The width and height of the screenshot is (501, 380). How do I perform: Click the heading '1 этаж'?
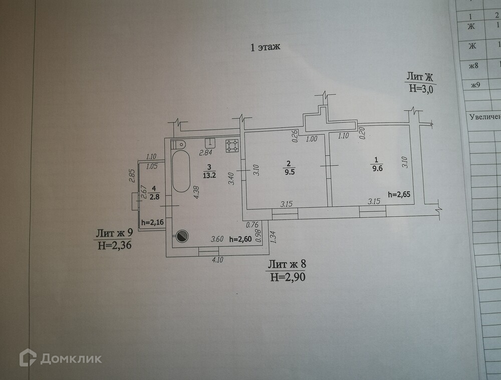pyautogui.click(x=265, y=47)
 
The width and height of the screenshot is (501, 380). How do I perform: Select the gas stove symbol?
pyautogui.click(x=231, y=145)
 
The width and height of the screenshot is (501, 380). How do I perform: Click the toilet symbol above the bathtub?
pyautogui.click(x=178, y=144)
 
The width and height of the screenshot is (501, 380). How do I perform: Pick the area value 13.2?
pyautogui.click(x=209, y=174)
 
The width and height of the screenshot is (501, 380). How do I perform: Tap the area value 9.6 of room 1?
pyautogui.click(x=376, y=168)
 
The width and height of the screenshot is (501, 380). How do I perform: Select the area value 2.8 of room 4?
pyautogui.click(x=155, y=196)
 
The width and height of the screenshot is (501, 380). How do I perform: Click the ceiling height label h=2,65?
pyautogui.click(x=399, y=195)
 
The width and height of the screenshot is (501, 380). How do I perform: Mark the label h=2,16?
pyautogui.click(x=153, y=223)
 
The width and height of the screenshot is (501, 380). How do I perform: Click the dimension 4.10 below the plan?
pyautogui.click(x=217, y=259)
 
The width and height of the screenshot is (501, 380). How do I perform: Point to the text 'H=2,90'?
pyautogui.click(x=287, y=276)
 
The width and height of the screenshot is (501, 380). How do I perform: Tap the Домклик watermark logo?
pyautogui.click(x=60, y=358)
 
